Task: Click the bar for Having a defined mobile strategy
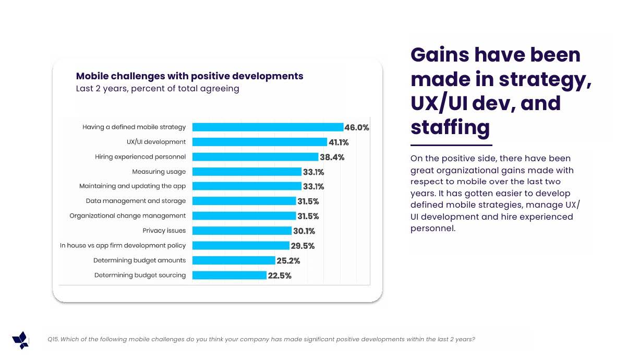tap(268, 127)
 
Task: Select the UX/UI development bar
tap(259, 142)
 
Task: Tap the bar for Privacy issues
tap(242, 231)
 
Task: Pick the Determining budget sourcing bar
tap(229, 275)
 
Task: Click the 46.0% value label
tap(357, 127)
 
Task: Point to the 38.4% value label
tap(332, 157)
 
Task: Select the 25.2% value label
tap(288, 261)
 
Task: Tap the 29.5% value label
tap(303, 246)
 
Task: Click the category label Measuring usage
tap(159, 172)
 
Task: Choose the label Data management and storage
tap(136, 201)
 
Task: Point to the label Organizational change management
tap(127, 216)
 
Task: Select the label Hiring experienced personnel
tap(140, 157)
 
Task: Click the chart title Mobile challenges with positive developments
tap(189, 76)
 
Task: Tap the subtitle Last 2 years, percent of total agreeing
tap(158, 89)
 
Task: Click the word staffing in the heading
tap(450, 127)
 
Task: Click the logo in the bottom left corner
tap(21, 340)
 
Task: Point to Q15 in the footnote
tap(53, 339)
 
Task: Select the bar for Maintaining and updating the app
tap(247, 186)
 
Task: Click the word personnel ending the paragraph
tap(432, 229)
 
